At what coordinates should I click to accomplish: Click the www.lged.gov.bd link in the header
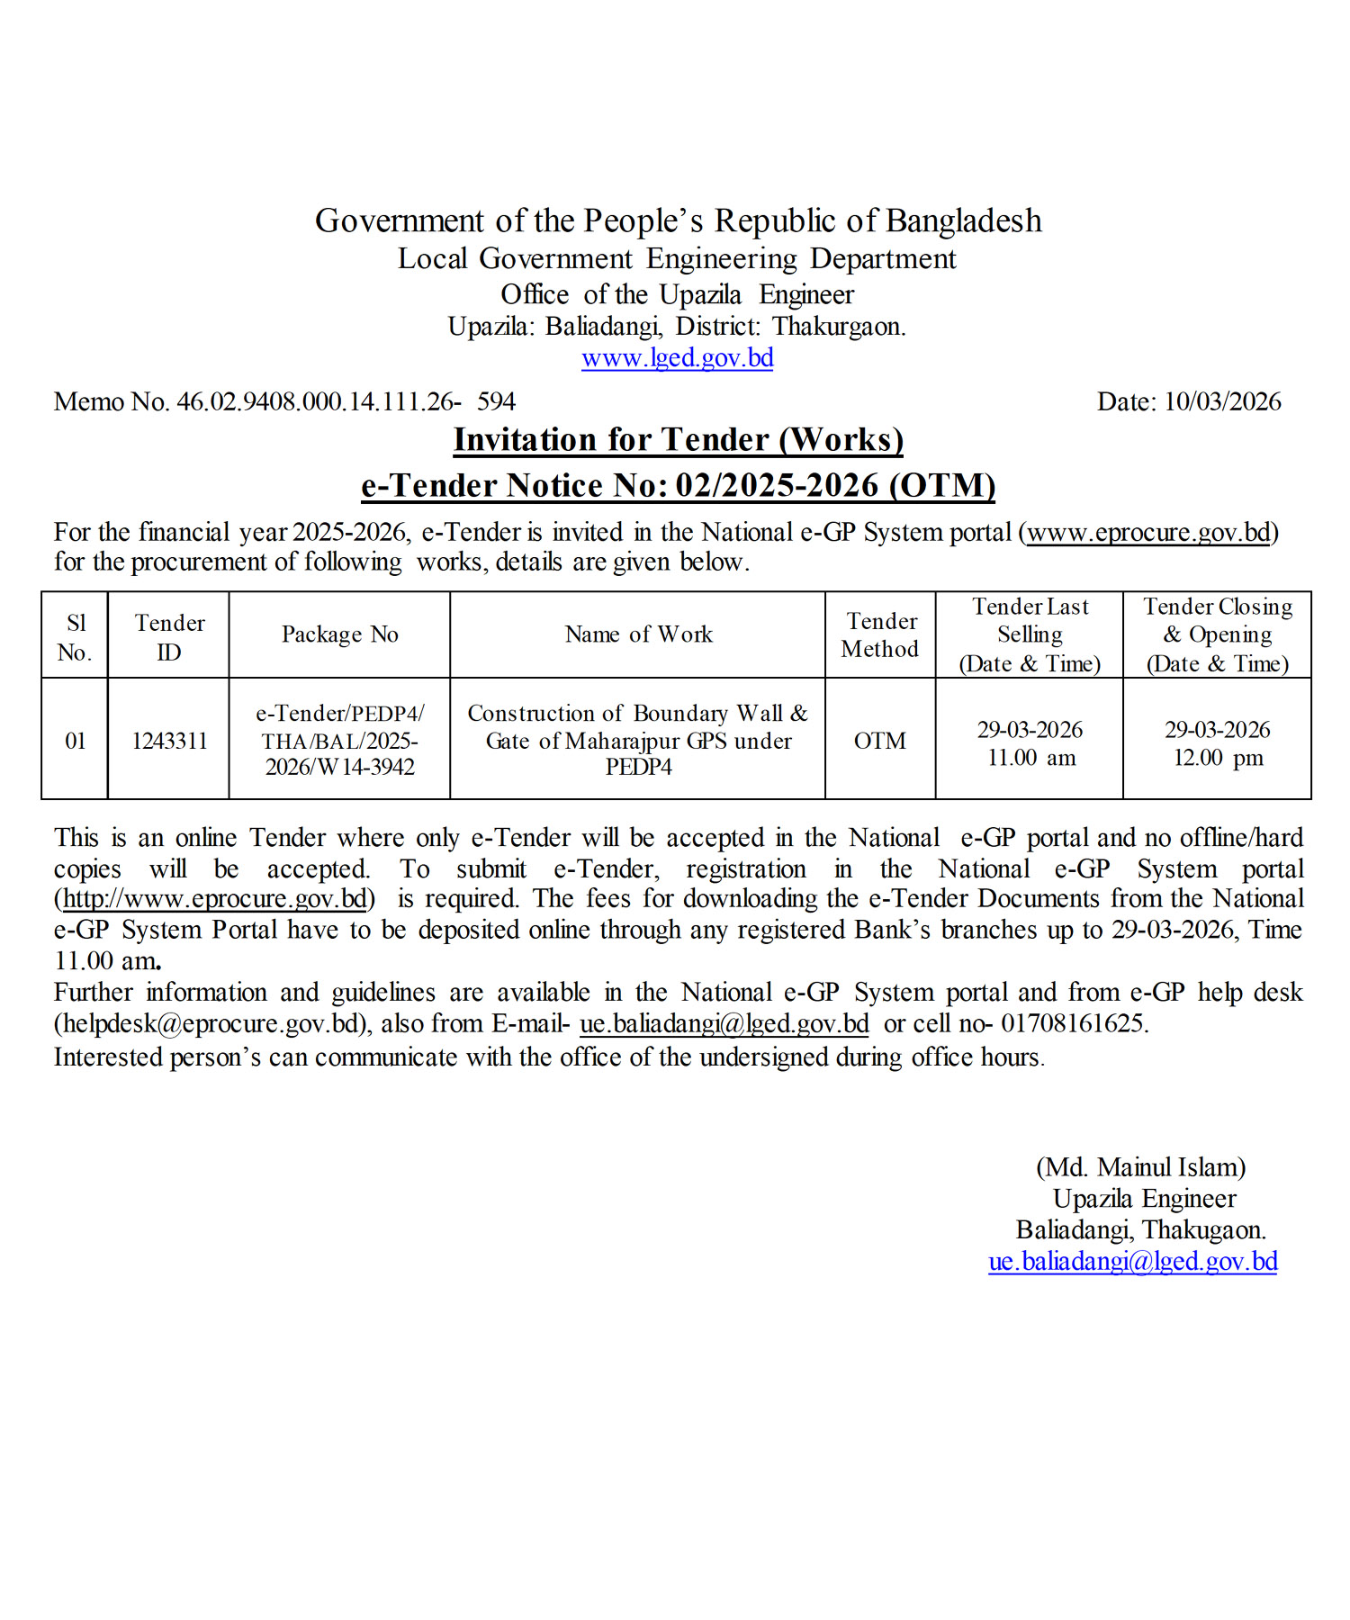coord(677,358)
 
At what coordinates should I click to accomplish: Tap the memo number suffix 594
coord(496,401)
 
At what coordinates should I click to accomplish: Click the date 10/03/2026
coord(1222,401)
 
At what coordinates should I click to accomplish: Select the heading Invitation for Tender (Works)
coord(678,440)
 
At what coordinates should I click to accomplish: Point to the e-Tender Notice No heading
coord(678,485)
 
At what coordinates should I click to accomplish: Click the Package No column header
coord(339,634)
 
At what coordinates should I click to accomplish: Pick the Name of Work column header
coord(638,634)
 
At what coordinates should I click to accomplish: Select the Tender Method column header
coord(880,634)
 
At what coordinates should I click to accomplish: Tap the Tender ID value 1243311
coord(169,741)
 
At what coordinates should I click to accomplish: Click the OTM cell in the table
coord(879,741)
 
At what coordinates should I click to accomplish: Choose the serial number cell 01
coord(75,741)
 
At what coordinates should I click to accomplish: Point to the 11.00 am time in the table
coord(1030,758)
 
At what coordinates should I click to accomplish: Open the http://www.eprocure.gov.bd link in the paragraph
coord(215,899)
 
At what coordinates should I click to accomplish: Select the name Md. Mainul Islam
coord(1141,1167)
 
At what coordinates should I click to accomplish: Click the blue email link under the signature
coord(1132,1262)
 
